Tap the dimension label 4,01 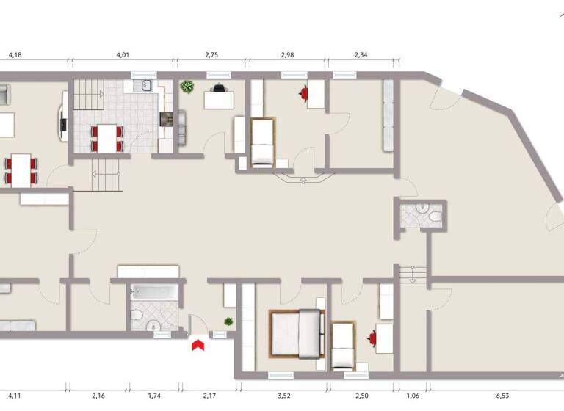click(x=123, y=54)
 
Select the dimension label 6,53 click(x=502, y=396)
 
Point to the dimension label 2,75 click(x=211, y=54)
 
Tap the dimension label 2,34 click(x=362, y=54)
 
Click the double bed click(x=297, y=332)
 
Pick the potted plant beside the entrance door click(x=229, y=321)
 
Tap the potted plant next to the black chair click(x=187, y=87)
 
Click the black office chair click(x=218, y=87)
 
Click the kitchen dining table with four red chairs click(x=107, y=137)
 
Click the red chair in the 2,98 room click(x=305, y=92)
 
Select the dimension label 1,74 click(x=154, y=396)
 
